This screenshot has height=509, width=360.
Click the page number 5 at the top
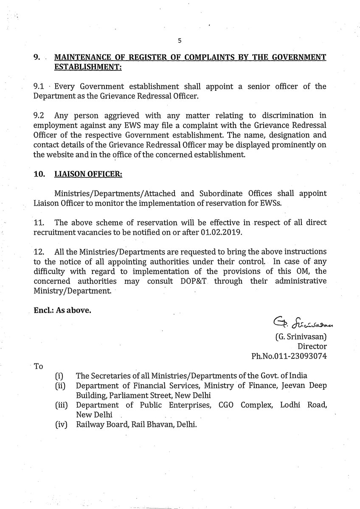point(180,41)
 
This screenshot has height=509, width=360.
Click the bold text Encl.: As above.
point(62,310)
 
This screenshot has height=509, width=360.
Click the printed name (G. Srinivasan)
point(301,337)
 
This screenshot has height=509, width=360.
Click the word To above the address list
point(38,366)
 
